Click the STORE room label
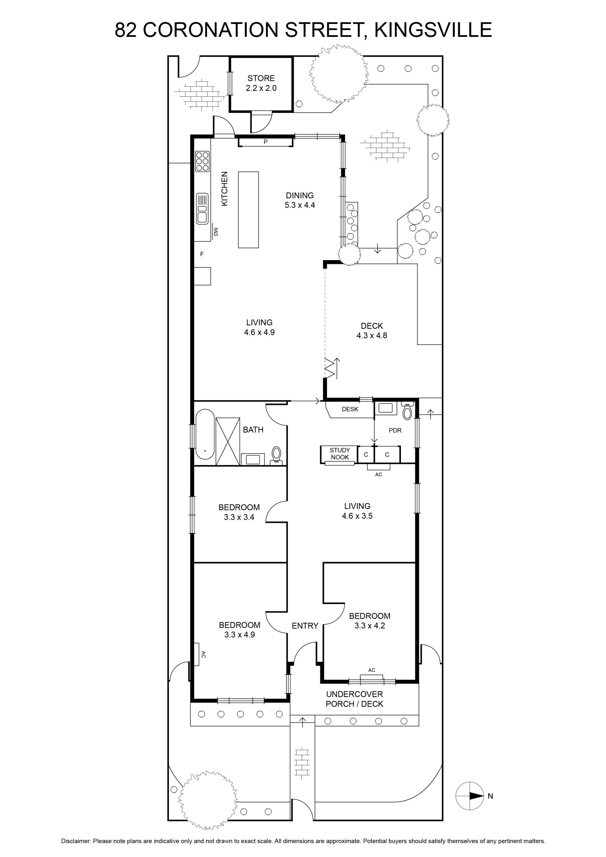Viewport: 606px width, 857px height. tap(261, 83)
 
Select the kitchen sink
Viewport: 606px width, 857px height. tap(202, 209)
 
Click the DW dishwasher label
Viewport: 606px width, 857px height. tap(216, 232)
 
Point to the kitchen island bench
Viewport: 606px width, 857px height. tap(249, 210)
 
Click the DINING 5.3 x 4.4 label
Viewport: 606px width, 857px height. tap(299, 200)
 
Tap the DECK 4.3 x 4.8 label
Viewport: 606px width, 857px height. tap(372, 331)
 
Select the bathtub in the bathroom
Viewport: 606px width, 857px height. tap(205, 435)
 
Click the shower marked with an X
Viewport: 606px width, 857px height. tap(228, 442)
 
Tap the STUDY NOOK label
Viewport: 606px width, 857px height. tap(340, 454)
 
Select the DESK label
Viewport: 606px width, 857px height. tap(350, 409)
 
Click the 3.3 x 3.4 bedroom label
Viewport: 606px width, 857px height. tap(239, 512)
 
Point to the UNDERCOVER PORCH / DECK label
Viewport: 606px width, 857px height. tap(354, 699)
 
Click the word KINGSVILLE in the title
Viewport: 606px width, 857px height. tap(433, 30)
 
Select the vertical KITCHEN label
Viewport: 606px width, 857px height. tap(224, 188)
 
